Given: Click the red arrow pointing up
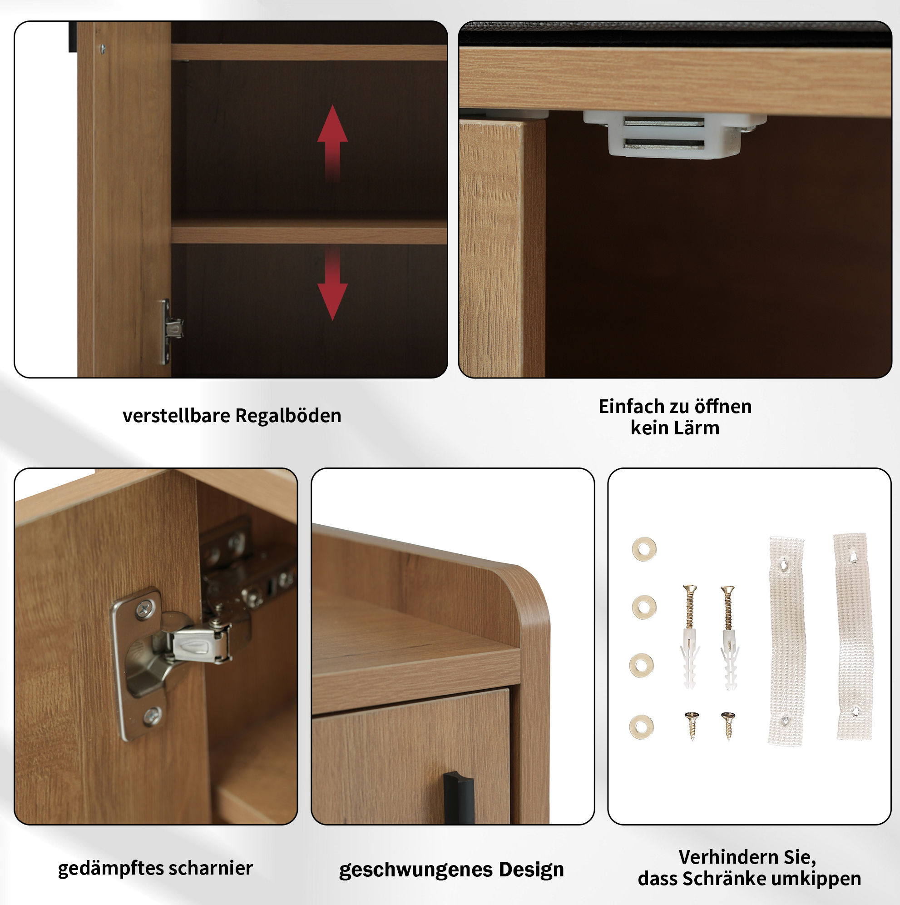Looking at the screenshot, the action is (332, 143).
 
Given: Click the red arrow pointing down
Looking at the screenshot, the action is (332, 283).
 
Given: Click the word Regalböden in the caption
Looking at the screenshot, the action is (288, 416).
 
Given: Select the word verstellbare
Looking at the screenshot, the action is (176, 416).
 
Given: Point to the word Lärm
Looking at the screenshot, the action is (698, 428).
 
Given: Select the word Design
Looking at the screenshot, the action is (531, 870).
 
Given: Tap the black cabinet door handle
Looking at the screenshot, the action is (459, 798).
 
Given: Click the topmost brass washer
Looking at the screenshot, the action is (644, 549).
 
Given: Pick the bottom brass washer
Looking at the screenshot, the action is (642, 727).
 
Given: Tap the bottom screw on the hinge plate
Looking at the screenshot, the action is (153, 715).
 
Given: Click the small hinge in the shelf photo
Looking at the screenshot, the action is (171, 331).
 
